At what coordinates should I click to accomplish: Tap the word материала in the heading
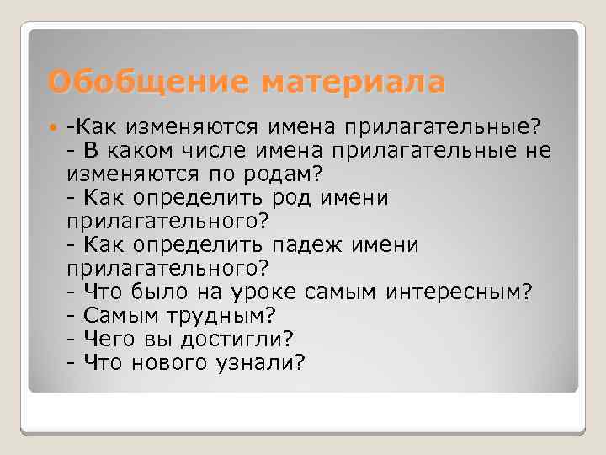353,83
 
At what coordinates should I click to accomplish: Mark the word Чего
105,339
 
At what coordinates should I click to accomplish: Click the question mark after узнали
300,362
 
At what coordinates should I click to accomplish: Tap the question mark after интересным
527,292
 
